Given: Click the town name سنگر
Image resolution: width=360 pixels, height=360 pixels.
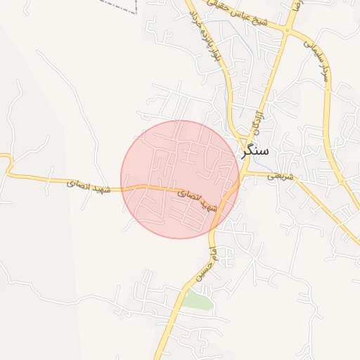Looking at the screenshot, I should point(259,150).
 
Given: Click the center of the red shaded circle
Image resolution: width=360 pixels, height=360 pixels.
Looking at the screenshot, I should point(180,179).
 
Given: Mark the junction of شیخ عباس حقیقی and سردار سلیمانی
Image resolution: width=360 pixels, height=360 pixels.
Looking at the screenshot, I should point(288,30).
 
